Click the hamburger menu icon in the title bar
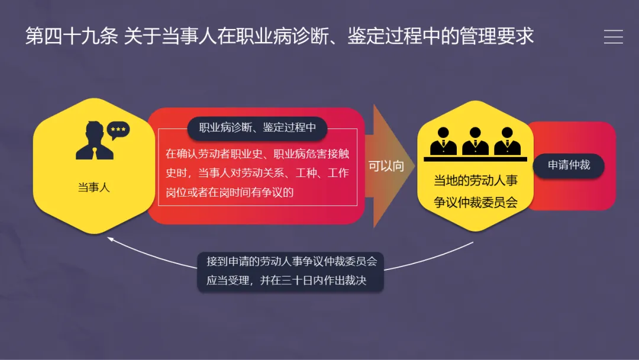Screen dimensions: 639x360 coord(613,37)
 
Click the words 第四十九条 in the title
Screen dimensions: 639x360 coord(72,37)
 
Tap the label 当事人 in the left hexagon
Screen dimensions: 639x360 coord(93,188)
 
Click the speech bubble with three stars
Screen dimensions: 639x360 coord(118,130)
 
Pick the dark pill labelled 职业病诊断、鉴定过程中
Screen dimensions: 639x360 coord(257,128)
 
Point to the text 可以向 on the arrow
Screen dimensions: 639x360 coord(386,166)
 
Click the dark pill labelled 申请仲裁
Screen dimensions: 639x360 coord(569,165)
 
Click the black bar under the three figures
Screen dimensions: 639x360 coord(475,159)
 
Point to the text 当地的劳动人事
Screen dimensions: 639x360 coord(475,181)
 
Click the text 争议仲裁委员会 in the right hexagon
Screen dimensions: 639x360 coord(475,202)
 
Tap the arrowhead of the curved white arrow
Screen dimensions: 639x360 coord(111,239)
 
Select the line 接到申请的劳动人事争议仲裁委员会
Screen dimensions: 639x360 coord(291,261)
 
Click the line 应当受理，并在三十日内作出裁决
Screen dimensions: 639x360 coord(286,281)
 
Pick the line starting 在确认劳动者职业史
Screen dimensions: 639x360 coord(257,154)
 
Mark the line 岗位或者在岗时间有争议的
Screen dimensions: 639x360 coord(230,192)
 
